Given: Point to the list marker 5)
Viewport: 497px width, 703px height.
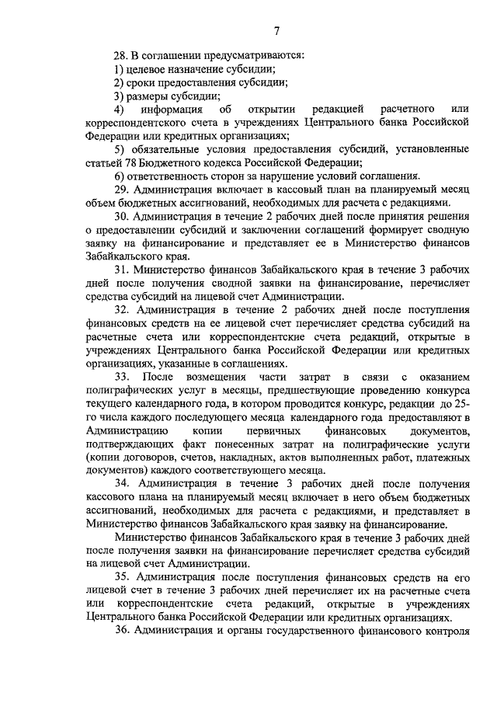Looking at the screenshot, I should click(118, 149).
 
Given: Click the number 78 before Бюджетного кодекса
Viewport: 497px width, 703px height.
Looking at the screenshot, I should click(132, 162).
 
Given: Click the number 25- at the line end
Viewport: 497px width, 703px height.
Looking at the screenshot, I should click(460, 404).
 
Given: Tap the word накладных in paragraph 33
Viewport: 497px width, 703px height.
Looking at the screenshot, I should click(251, 458).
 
